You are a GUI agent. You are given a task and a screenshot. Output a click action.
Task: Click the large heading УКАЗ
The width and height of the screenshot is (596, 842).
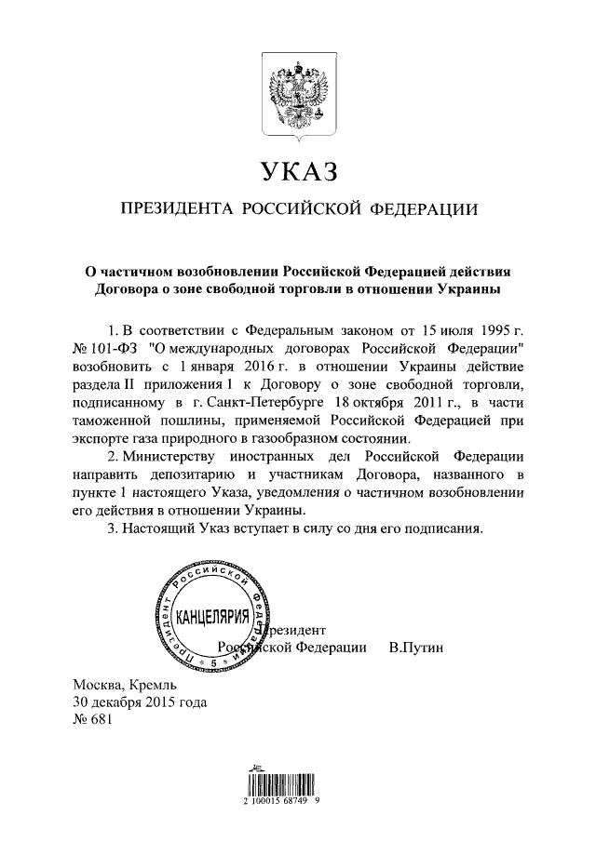298,173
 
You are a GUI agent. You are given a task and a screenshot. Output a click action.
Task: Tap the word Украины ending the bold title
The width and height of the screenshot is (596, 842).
468,289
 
